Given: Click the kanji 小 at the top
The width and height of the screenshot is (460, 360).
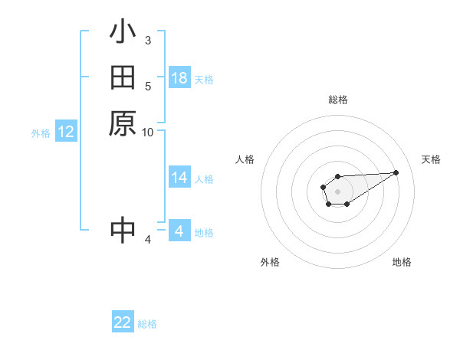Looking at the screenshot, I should (123, 34).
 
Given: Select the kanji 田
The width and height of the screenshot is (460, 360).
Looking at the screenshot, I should (123, 78).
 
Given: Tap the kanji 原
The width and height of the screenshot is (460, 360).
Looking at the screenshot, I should (123, 123).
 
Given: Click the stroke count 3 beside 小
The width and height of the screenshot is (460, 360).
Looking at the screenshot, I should (147, 40).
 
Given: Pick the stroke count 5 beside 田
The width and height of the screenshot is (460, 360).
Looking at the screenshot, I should (148, 86).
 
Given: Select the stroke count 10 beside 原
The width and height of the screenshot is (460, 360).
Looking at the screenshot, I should (147, 132).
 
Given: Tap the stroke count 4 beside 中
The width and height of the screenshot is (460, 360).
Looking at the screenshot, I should (148, 240).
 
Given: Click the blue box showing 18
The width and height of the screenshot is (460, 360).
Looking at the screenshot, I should (179, 78).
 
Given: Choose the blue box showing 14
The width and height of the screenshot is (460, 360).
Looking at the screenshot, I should (179, 178).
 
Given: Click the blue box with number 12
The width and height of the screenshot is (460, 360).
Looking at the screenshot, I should (66, 132).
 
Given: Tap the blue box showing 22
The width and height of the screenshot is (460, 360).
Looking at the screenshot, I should (123, 322).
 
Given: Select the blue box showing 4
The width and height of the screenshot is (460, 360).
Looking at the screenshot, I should (179, 231).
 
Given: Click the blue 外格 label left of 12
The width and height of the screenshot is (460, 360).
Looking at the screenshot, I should (41, 133).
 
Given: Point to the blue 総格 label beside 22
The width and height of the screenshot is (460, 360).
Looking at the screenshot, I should (147, 324).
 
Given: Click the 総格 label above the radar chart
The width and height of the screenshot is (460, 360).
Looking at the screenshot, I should (337, 100).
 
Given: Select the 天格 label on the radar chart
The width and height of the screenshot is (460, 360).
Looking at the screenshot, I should (431, 159).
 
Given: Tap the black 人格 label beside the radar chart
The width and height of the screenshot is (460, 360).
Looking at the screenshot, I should (245, 159).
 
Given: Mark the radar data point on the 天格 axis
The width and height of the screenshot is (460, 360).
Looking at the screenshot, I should (396, 172).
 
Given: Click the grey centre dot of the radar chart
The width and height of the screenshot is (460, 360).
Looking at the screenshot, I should (337, 191).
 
